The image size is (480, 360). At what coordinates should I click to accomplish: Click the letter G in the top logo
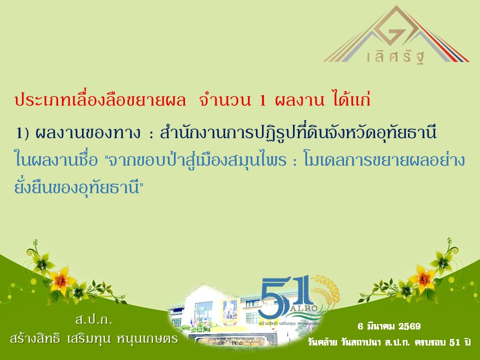[398, 35]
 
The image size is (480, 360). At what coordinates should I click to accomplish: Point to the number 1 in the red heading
[262, 100]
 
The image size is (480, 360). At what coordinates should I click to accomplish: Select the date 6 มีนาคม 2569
[389, 326]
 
